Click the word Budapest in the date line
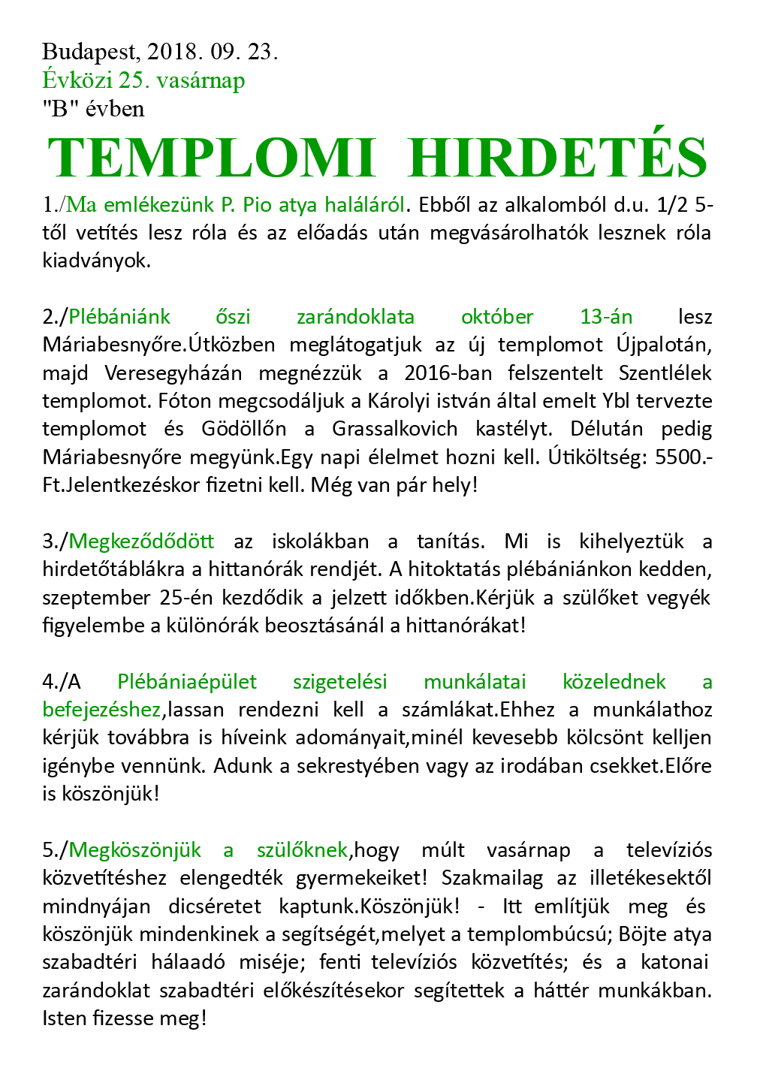tap(90, 52)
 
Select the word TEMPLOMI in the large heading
tap(211, 158)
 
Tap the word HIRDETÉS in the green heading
tap(558, 158)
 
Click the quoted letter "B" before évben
tap(56, 109)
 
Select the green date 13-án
tap(606, 317)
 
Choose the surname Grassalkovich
tap(394, 429)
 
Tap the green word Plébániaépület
tap(187, 682)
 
